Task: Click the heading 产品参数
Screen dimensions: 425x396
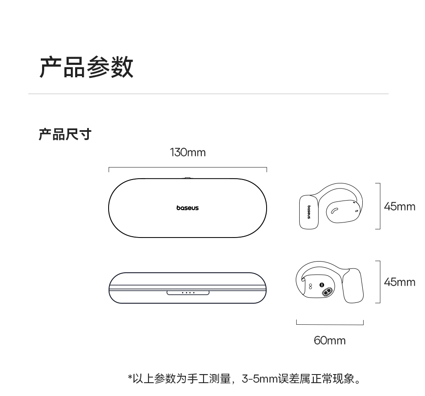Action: click(x=86, y=67)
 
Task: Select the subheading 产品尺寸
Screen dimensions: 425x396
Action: click(x=65, y=134)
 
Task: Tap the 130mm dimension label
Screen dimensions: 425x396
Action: click(x=188, y=152)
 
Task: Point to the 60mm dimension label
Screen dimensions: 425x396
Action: click(x=329, y=341)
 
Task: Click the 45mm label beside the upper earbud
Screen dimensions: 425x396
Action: click(x=399, y=207)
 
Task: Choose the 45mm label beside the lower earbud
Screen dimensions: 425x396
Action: click(x=399, y=282)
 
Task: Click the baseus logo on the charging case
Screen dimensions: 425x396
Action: click(x=188, y=208)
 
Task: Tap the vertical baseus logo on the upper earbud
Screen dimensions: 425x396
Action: click(x=308, y=211)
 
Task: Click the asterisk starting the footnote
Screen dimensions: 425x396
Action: click(x=130, y=378)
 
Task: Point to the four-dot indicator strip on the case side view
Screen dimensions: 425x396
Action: click(x=188, y=293)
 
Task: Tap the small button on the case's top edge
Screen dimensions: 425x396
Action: click(x=188, y=178)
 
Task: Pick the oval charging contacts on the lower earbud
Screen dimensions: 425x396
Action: click(x=327, y=292)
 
